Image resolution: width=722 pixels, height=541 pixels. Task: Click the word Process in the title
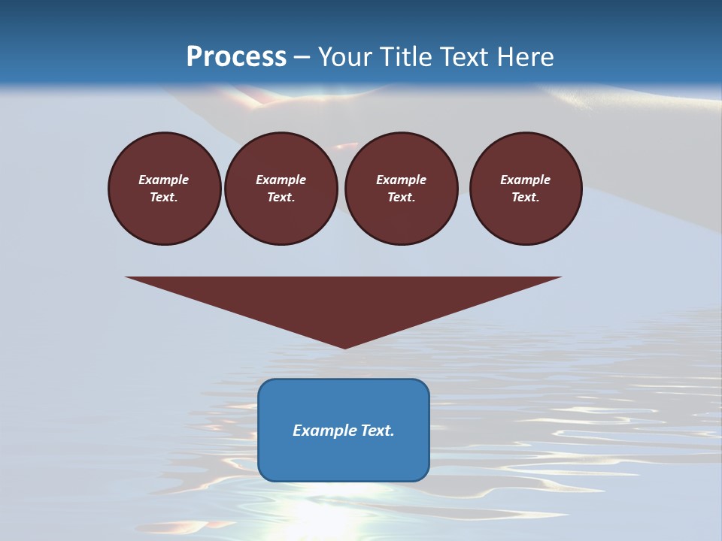[x=236, y=57]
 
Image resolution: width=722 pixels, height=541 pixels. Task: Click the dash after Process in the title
[x=302, y=58]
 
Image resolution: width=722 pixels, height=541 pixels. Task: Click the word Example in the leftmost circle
[x=164, y=180]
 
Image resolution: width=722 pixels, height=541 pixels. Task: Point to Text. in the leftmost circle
[x=164, y=198]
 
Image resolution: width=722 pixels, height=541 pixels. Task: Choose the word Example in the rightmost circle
[x=526, y=180]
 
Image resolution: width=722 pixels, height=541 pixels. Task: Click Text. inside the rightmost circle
[x=526, y=198]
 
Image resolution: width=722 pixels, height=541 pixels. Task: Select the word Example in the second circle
[x=281, y=180]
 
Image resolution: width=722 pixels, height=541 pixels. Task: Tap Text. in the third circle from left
[x=402, y=198]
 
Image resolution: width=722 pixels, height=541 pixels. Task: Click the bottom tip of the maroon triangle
[x=344, y=346]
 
